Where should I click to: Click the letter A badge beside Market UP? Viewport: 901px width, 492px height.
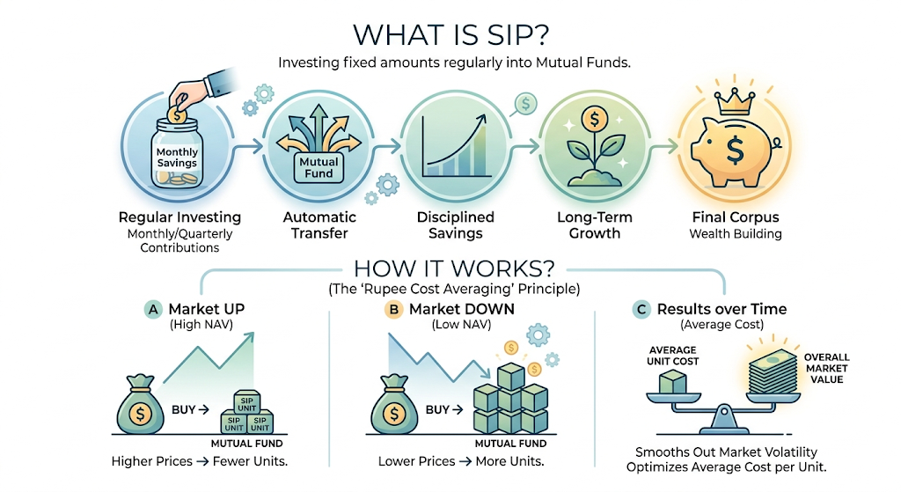coord(152,309)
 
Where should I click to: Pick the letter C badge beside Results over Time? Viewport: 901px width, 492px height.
coord(642,310)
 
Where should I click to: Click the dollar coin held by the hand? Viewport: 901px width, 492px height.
coord(177,112)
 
